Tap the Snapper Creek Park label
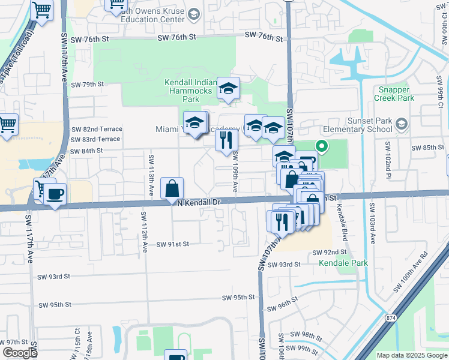(x=394, y=94)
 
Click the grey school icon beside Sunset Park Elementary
(x=402, y=125)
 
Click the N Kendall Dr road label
(x=199, y=203)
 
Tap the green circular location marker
(x=321, y=145)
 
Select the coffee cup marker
(x=55, y=194)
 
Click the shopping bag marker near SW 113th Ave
(x=172, y=188)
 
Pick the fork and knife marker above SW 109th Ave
(x=226, y=140)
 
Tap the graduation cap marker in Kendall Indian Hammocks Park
(x=228, y=88)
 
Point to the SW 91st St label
(x=173, y=244)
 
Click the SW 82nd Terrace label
(x=97, y=129)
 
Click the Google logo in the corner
(x=19, y=353)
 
